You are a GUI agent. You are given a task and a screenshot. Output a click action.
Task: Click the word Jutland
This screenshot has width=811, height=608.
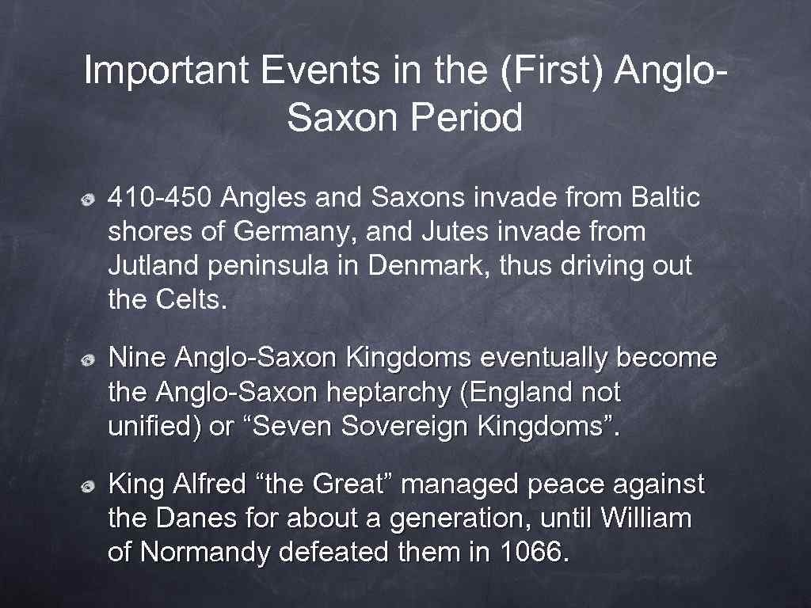coord(154,267)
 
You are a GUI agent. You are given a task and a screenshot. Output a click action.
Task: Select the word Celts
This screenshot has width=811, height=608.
coord(189,301)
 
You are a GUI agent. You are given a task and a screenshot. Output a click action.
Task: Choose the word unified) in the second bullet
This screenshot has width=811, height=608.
coord(154,427)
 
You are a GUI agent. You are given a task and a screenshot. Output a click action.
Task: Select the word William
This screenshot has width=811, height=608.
coord(645,519)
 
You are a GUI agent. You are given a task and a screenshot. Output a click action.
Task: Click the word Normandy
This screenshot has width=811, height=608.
coord(206,553)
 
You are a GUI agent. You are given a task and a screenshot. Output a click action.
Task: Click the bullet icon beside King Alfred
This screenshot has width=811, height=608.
coord(91,485)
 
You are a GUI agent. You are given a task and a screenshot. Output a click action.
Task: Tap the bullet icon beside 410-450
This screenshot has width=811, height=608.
coord(91,198)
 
